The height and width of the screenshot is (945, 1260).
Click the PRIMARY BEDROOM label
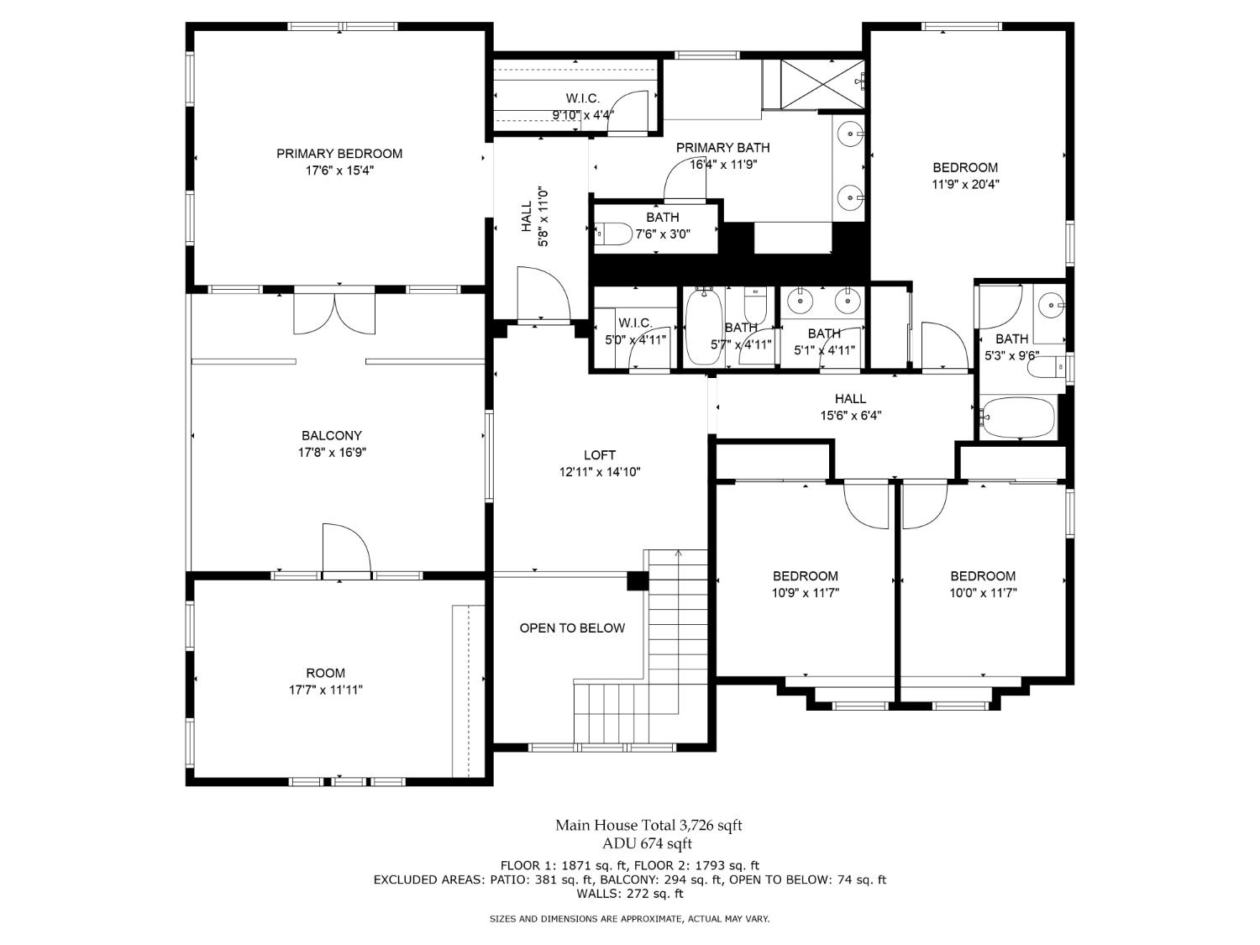339,154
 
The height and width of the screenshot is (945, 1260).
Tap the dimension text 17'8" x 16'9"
332,453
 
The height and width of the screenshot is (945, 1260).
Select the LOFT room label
600,455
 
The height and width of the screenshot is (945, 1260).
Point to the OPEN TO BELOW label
572,628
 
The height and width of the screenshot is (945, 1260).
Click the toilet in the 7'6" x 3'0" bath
613,234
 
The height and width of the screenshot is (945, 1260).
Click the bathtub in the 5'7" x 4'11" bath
703,328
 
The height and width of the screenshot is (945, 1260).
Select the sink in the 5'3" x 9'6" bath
1049,305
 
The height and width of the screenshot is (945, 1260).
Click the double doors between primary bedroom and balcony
334,313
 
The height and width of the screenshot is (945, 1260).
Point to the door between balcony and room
345,550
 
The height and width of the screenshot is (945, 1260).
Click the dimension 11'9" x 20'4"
965,185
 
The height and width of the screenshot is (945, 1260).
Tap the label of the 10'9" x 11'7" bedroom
806,576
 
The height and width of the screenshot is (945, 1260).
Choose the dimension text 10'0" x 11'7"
983,593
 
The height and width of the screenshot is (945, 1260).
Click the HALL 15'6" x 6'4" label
850,399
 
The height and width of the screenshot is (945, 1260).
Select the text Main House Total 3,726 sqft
648,826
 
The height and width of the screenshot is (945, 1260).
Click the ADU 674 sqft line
647,843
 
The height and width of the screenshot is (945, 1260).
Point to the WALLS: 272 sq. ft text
630,894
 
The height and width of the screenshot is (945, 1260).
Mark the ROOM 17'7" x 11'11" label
325,673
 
